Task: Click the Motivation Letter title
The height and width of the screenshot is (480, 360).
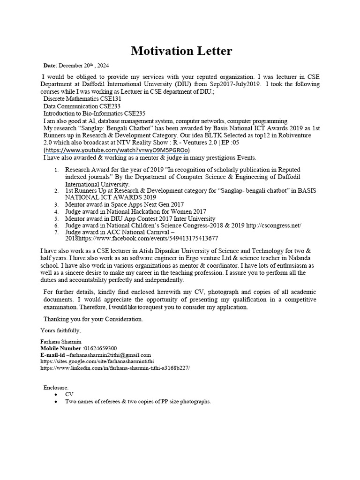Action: click(x=181, y=51)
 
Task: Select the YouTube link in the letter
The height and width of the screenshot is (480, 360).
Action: click(x=116, y=150)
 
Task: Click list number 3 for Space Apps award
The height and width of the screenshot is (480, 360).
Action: click(x=56, y=205)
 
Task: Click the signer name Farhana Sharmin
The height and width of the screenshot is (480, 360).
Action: click(x=61, y=341)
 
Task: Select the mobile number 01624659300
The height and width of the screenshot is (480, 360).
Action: click(x=100, y=348)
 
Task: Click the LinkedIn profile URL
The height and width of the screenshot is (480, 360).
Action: click(x=115, y=368)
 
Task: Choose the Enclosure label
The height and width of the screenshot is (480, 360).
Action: click(x=56, y=388)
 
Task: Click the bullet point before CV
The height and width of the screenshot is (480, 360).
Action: click(x=56, y=395)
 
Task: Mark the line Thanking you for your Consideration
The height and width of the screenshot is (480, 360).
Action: click(x=93, y=319)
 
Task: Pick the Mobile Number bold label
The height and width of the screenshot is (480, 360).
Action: click(x=60, y=348)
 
